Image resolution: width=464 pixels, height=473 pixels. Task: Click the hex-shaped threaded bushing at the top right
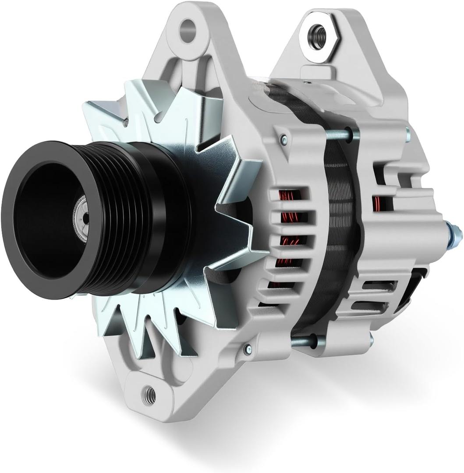(317, 32)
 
